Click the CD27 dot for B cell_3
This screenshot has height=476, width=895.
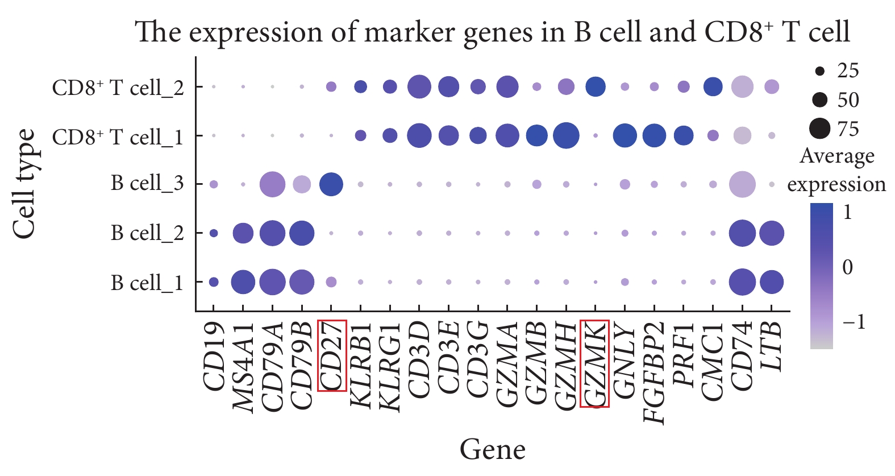(x=331, y=185)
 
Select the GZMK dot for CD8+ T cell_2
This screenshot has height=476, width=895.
(x=595, y=87)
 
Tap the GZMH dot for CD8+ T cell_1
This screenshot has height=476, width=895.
(x=565, y=136)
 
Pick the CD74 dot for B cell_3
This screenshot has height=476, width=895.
(x=742, y=185)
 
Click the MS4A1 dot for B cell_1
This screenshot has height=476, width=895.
(x=243, y=282)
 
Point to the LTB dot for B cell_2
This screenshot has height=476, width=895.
(x=771, y=233)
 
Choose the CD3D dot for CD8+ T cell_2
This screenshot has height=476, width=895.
(x=419, y=87)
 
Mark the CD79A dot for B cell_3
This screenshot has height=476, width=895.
(x=272, y=185)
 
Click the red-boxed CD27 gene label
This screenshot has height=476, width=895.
(x=332, y=355)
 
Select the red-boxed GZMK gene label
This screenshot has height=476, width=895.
(x=594, y=364)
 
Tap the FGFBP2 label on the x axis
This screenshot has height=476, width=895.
(x=655, y=373)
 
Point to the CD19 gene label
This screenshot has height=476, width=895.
(x=214, y=357)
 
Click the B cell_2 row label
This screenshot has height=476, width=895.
(x=147, y=233)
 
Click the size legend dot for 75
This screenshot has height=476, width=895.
(x=819, y=129)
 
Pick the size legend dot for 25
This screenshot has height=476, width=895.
(x=819, y=71)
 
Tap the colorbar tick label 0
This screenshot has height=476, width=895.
(x=847, y=267)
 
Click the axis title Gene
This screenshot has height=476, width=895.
(x=492, y=449)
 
